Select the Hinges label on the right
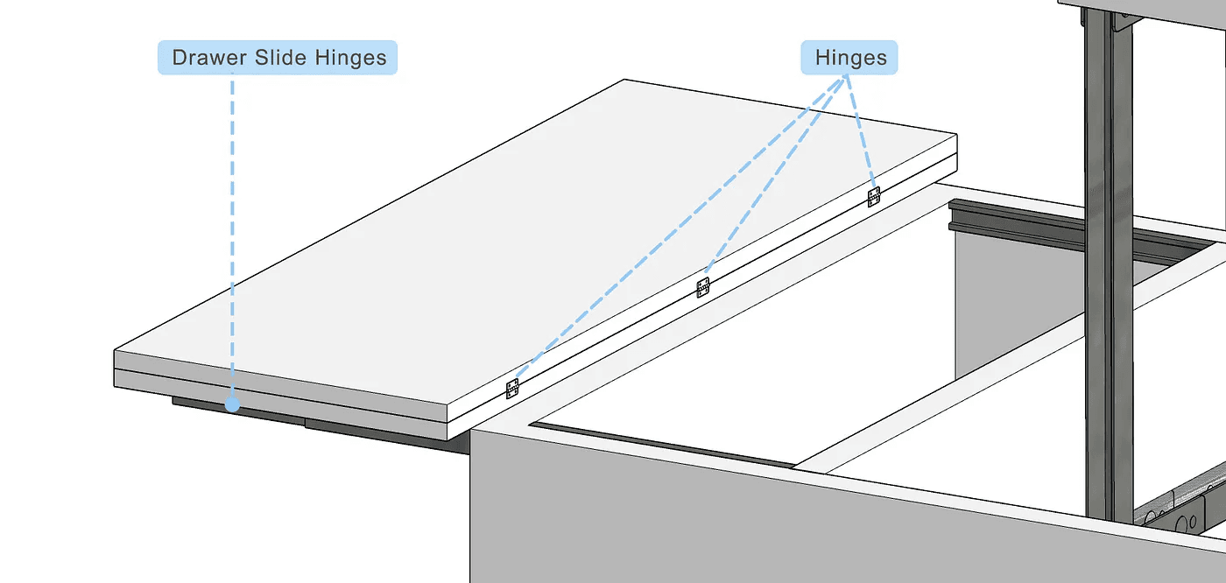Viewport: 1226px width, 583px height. click(x=850, y=59)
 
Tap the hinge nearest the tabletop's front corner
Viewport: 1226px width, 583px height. click(x=512, y=389)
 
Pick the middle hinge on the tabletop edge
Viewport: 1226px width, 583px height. click(x=702, y=287)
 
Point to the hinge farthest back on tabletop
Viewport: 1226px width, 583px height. click(x=873, y=197)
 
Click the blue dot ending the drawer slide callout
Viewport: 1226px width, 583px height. click(x=232, y=404)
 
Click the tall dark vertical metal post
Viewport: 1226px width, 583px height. click(x=1100, y=263)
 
